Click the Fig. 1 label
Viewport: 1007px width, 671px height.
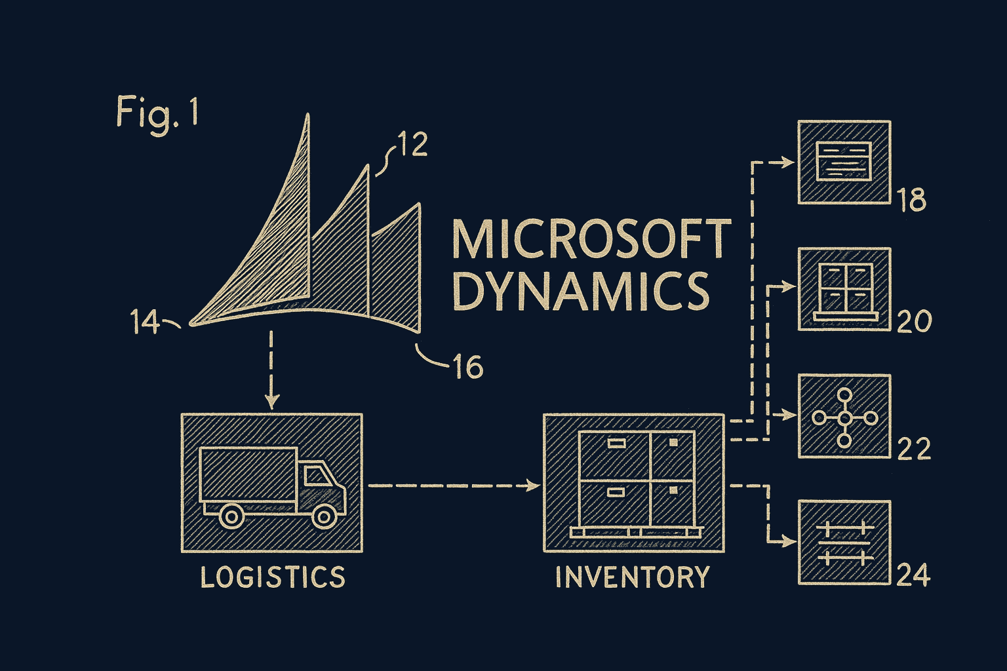[x=157, y=112]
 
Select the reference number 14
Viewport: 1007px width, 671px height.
[x=145, y=323]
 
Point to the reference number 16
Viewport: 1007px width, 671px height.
[x=468, y=368]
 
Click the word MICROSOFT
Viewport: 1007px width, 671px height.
[x=591, y=240]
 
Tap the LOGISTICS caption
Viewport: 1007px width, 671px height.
[x=272, y=577]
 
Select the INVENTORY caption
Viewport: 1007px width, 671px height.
[x=633, y=577]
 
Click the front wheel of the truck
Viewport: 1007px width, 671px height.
[x=323, y=515]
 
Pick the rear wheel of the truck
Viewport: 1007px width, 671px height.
[x=231, y=515]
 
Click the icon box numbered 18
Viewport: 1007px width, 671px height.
[x=844, y=162]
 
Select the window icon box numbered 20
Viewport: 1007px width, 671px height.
[x=844, y=289]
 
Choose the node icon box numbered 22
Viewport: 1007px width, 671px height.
[x=844, y=416]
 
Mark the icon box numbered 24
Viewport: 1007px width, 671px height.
[x=844, y=543]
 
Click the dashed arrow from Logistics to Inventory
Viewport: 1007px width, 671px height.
[x=452, y=486]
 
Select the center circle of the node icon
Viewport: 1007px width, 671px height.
[x=844, y=417]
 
